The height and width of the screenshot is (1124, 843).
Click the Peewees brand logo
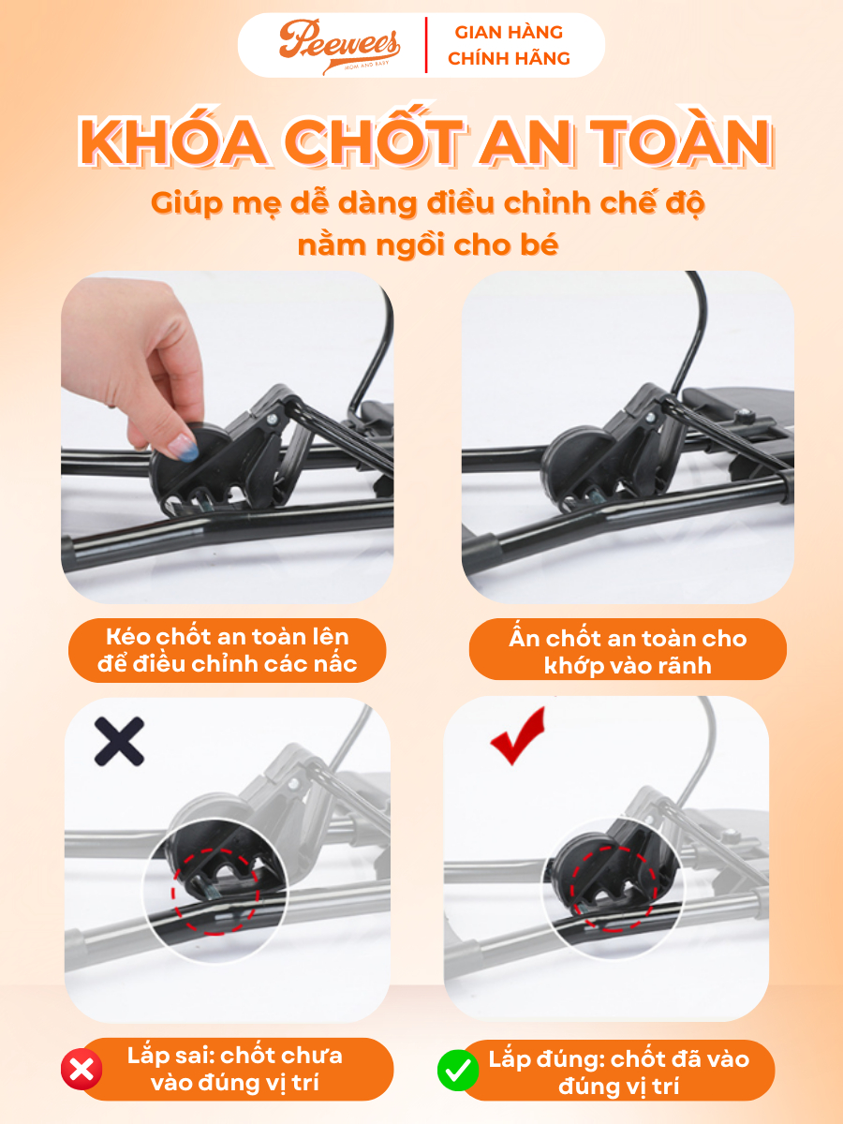(339, 46)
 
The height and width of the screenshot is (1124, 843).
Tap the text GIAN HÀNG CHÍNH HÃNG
(509, 46)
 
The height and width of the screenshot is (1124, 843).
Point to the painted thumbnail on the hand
(183, 447)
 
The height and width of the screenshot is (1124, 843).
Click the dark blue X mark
(119, 741)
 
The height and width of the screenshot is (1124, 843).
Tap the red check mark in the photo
(517, 735)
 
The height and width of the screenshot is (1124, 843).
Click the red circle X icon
(81, 1070)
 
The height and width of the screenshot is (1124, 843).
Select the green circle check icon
(458, 1071)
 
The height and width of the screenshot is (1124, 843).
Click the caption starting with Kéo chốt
(228, 650)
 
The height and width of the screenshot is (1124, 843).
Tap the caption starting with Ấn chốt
(628, 651)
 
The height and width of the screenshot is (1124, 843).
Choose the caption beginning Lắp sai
(235, 1069)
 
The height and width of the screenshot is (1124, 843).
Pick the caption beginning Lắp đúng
(619, 1072)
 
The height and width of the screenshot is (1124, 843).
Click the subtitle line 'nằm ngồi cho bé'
(428, 244)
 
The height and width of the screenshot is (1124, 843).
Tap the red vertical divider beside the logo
(426, 45)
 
